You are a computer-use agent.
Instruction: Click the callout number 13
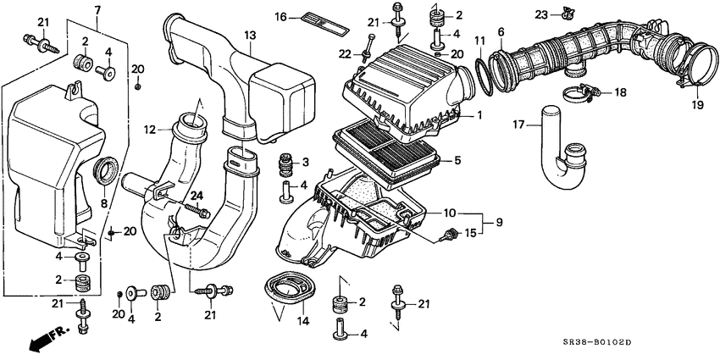(x=249, y=35)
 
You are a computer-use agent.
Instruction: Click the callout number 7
(x=96, y=9)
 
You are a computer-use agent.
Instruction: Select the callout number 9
(x=499, y=221)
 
